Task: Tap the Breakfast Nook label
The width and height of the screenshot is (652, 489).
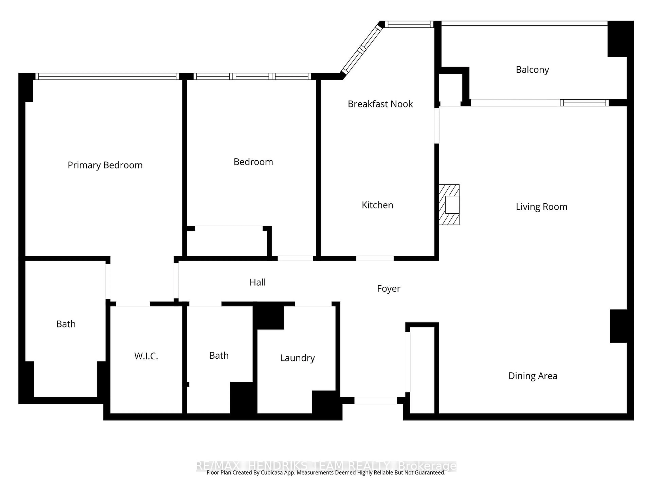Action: click(380, 104)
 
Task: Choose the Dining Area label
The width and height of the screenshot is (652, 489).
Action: click(533, 376)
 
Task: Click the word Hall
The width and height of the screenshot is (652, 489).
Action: click(257, 282)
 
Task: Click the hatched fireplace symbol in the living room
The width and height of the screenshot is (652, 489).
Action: click(449, 205)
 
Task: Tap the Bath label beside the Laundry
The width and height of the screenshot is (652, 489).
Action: click(219, 356)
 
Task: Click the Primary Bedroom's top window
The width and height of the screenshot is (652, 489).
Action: click(107, 76)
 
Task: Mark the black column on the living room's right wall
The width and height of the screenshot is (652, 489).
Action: click(618, 326)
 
